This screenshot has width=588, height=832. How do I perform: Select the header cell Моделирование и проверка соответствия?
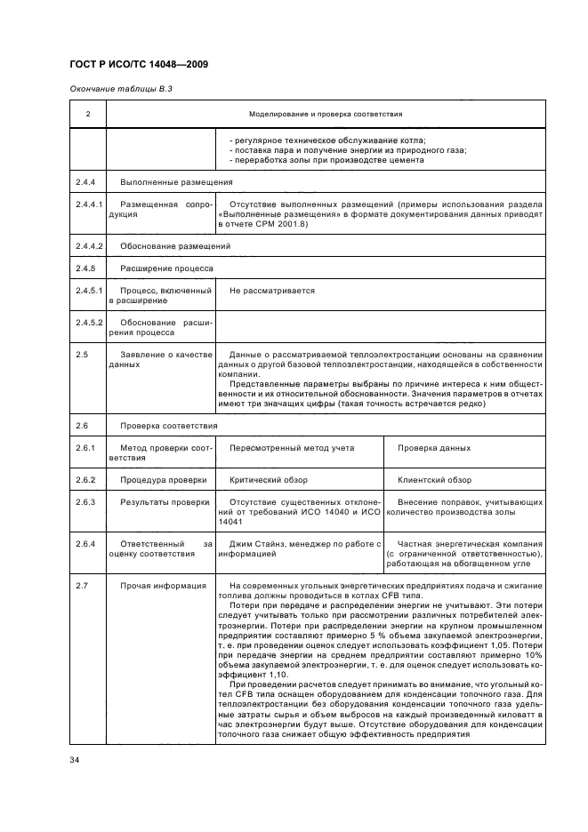[x=326, y=115]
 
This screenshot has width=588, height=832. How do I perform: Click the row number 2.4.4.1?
[x=89, y=204]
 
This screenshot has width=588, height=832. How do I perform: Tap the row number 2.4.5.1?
[x=89, y=290]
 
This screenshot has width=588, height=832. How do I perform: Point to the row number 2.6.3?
[x=86, y=502]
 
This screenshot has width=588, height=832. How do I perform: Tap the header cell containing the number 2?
[x=87, y=115]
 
